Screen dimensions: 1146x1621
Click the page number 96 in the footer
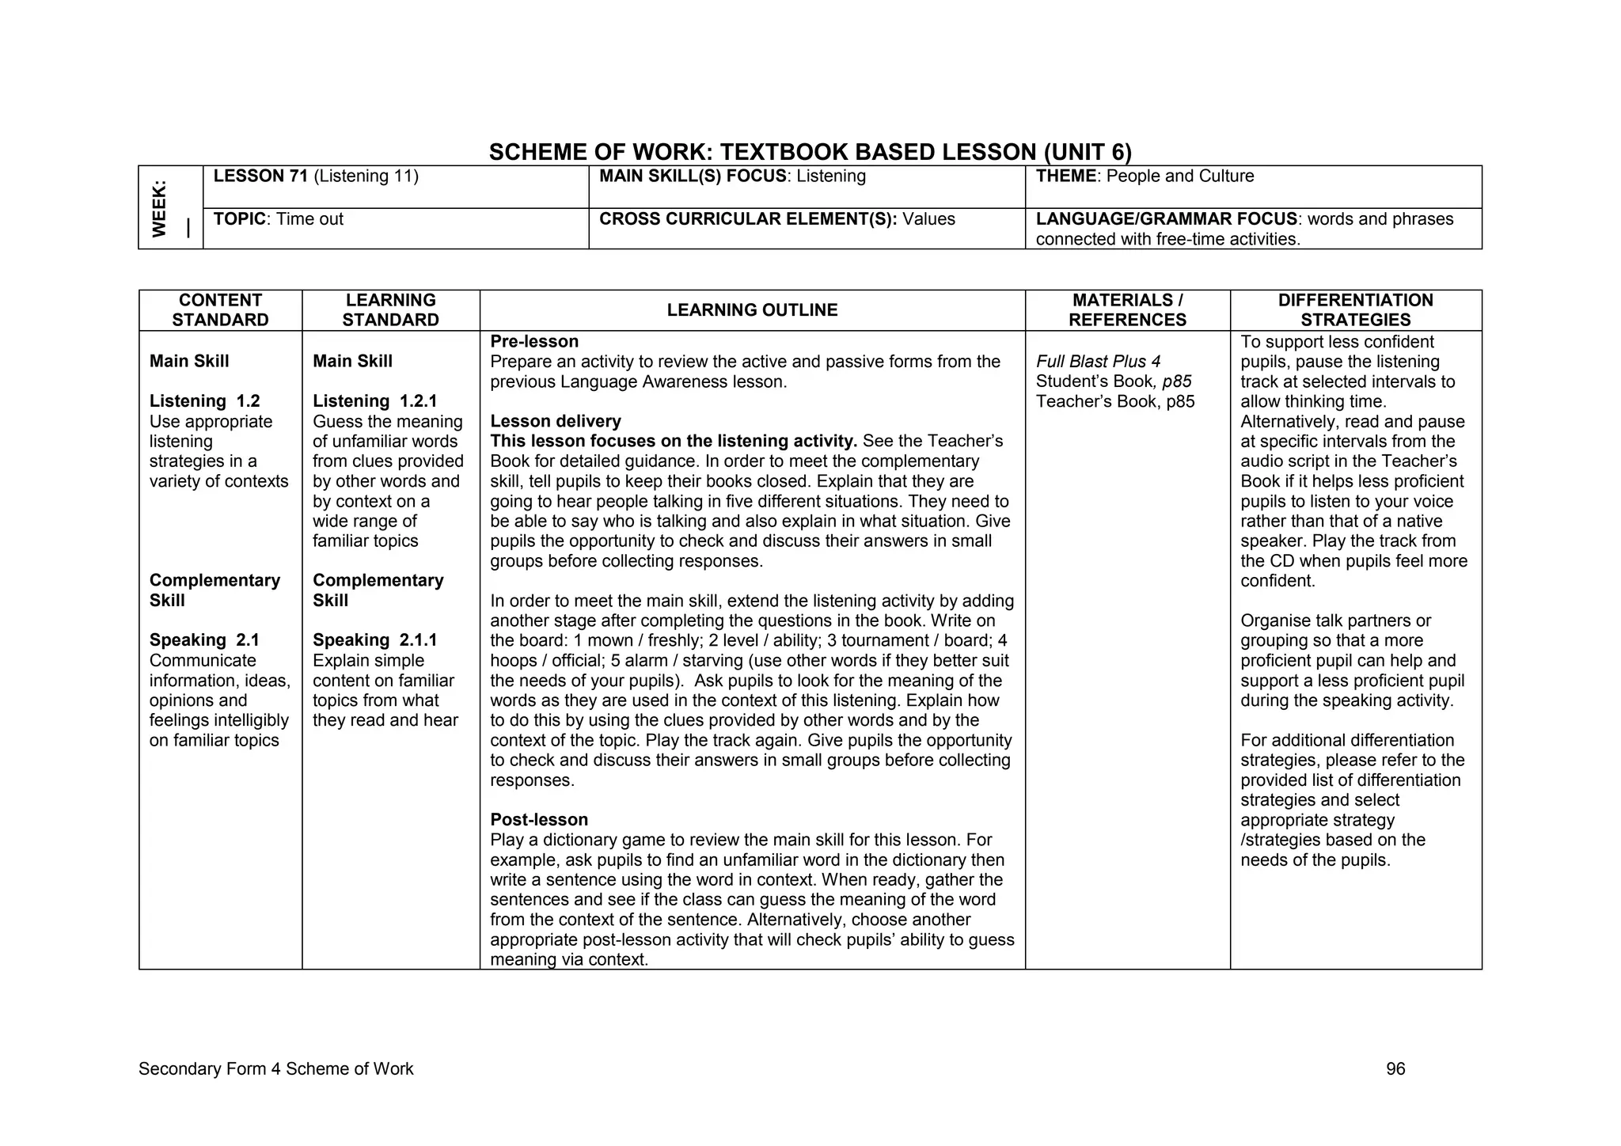click(x=1395, y=1069)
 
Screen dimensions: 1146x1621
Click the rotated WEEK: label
click(x=160, y=208)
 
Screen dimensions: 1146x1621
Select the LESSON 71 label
click(x=260, y=176)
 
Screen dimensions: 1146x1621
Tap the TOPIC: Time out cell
click(x=279, y=219)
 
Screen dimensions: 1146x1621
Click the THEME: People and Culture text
click(x=1145, y=176)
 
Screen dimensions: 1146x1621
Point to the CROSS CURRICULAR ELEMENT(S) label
click(x=748, y=219)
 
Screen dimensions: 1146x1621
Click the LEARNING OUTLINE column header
click(x=752, y=310)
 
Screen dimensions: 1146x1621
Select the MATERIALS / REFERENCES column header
click(x=1127, y=310)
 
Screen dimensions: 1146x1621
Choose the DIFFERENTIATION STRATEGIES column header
click(x=1355, y=310)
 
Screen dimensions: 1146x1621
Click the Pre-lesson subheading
click(x=534, y=342)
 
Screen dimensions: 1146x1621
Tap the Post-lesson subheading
click(x=539, y=820)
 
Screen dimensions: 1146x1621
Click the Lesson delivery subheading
click(x=556, y=421)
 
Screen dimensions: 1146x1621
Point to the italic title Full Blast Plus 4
click(x=1098, y=362)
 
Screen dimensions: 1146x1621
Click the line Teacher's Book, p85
click(x=1114, y=401)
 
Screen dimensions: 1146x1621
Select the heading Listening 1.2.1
click(x=374, y=401)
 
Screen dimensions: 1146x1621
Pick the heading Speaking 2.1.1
click(x=374, y=640)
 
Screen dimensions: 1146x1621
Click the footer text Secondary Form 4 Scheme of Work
click(x=275, y=1069)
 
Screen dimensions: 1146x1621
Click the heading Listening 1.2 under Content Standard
click(x=204, y=401)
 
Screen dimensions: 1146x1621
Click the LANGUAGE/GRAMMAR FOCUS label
click(x=1166, y=219)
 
